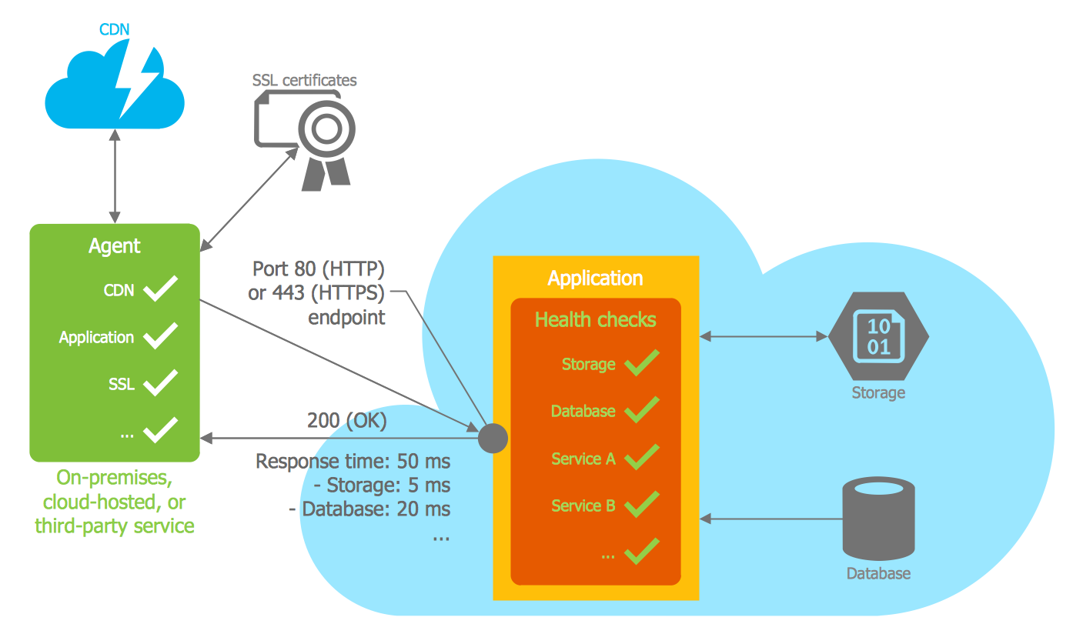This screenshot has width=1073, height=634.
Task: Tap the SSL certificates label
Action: [x=305, y=80]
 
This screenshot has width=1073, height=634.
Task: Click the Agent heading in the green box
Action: [x=115, y=245]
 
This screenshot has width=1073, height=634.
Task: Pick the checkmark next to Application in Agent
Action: [x=161, y=335]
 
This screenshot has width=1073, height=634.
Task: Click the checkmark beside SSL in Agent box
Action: [x=161, y=382]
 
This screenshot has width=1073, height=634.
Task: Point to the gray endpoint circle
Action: [x=493, y=438]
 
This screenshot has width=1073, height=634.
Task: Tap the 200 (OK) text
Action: [x=347, y=420]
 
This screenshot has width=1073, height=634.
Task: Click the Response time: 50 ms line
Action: [x=353, y=462]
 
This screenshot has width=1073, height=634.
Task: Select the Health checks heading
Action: [x=596, y=319]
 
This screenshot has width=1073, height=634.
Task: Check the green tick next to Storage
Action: [x=641, y=362]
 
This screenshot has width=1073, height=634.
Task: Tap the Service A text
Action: [x=583, y=459]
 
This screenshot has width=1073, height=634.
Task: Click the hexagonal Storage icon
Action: [x=878, y=336]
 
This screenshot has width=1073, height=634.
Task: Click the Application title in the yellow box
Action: [x=595, y=278]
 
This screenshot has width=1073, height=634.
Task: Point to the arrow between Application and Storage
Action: [x=763, y=336]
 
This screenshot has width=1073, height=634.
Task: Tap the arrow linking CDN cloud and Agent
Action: [x=115, y=176]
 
